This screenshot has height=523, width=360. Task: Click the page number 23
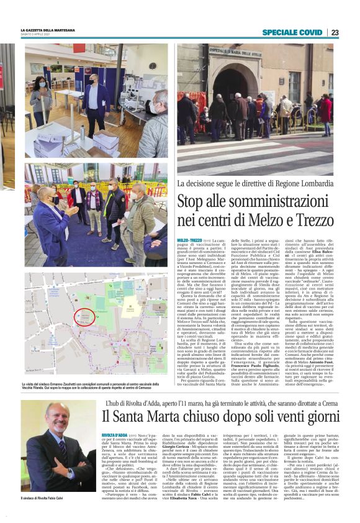click(335, 32)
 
